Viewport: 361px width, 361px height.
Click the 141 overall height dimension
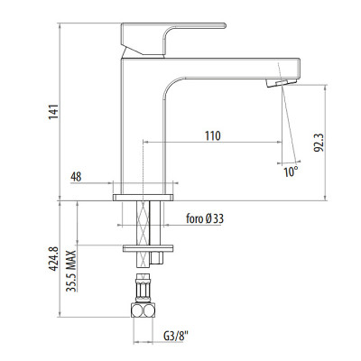(53, 112)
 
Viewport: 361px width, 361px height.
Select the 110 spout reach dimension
(213, 136)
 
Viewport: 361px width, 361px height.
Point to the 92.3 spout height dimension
(319, 143)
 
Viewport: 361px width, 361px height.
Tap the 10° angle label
(291, 171)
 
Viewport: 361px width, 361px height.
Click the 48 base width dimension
(76, 177)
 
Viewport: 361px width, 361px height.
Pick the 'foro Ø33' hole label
(205, 218)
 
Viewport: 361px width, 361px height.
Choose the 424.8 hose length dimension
(54, 259)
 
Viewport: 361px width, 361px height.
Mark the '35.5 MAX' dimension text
(71, 271)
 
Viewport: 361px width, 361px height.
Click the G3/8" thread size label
(176, 336)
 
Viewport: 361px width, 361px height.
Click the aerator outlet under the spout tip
(282, 83)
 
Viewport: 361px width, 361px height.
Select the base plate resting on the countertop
(143, 198)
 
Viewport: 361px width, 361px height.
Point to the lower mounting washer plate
(148, 248)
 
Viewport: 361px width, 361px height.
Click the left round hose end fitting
(137, 310)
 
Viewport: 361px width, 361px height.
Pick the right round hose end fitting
(149, 310)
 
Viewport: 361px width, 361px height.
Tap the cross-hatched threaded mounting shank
(143, 234)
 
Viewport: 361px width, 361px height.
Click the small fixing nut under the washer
(157, 257)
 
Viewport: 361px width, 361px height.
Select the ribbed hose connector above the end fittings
(143, 288)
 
